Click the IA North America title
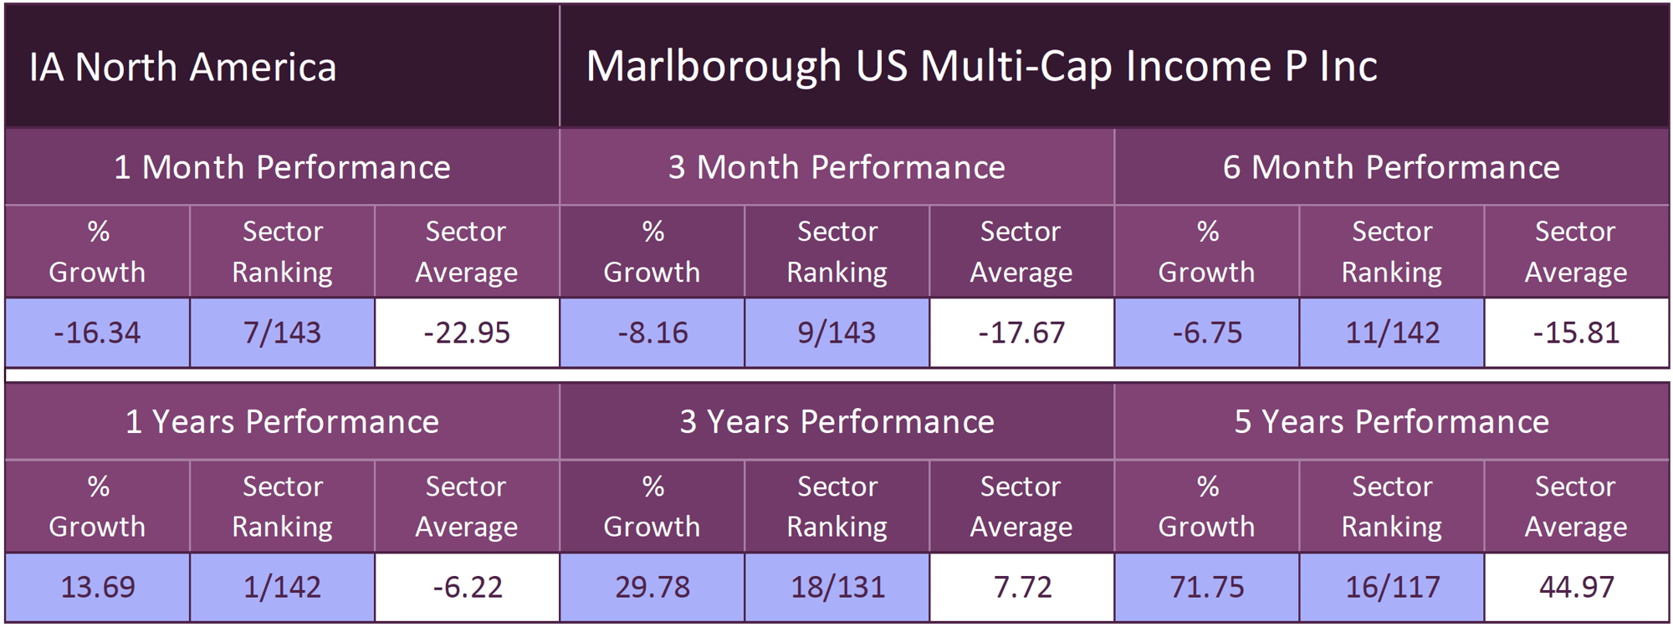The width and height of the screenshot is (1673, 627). tap(182, 67)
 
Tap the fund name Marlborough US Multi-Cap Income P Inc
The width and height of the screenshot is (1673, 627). tap(981, 66)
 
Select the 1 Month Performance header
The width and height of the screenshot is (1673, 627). tap(282, 167)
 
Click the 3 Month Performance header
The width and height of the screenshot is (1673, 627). tap(836, 167)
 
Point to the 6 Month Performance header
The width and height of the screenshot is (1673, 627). tap(1391, 167)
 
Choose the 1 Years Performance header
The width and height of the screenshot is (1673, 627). tap(282, 421)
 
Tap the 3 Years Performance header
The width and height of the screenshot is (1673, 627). tap(836, 421)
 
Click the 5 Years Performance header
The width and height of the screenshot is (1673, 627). tap(1391, 421)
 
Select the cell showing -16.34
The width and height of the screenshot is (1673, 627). tap(97, 333)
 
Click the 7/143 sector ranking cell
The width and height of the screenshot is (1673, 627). tap(282, 333)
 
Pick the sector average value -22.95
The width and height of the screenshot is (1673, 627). tap(467, 333)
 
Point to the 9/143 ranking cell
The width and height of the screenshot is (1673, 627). tap(836, 333)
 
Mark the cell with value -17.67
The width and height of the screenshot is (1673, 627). tap(1021, 333)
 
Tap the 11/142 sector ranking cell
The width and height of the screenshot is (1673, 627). tap(1392, 333)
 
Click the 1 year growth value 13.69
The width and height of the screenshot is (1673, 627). tap(97, 587)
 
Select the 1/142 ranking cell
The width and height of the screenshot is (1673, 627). tap(282, 587)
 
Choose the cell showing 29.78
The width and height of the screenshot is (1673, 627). tap(652, 587)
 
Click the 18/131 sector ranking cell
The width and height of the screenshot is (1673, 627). tap(837, 587)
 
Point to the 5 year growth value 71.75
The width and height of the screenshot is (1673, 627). tap(1207, 587)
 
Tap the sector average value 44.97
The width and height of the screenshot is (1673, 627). tap(1577, 587)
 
